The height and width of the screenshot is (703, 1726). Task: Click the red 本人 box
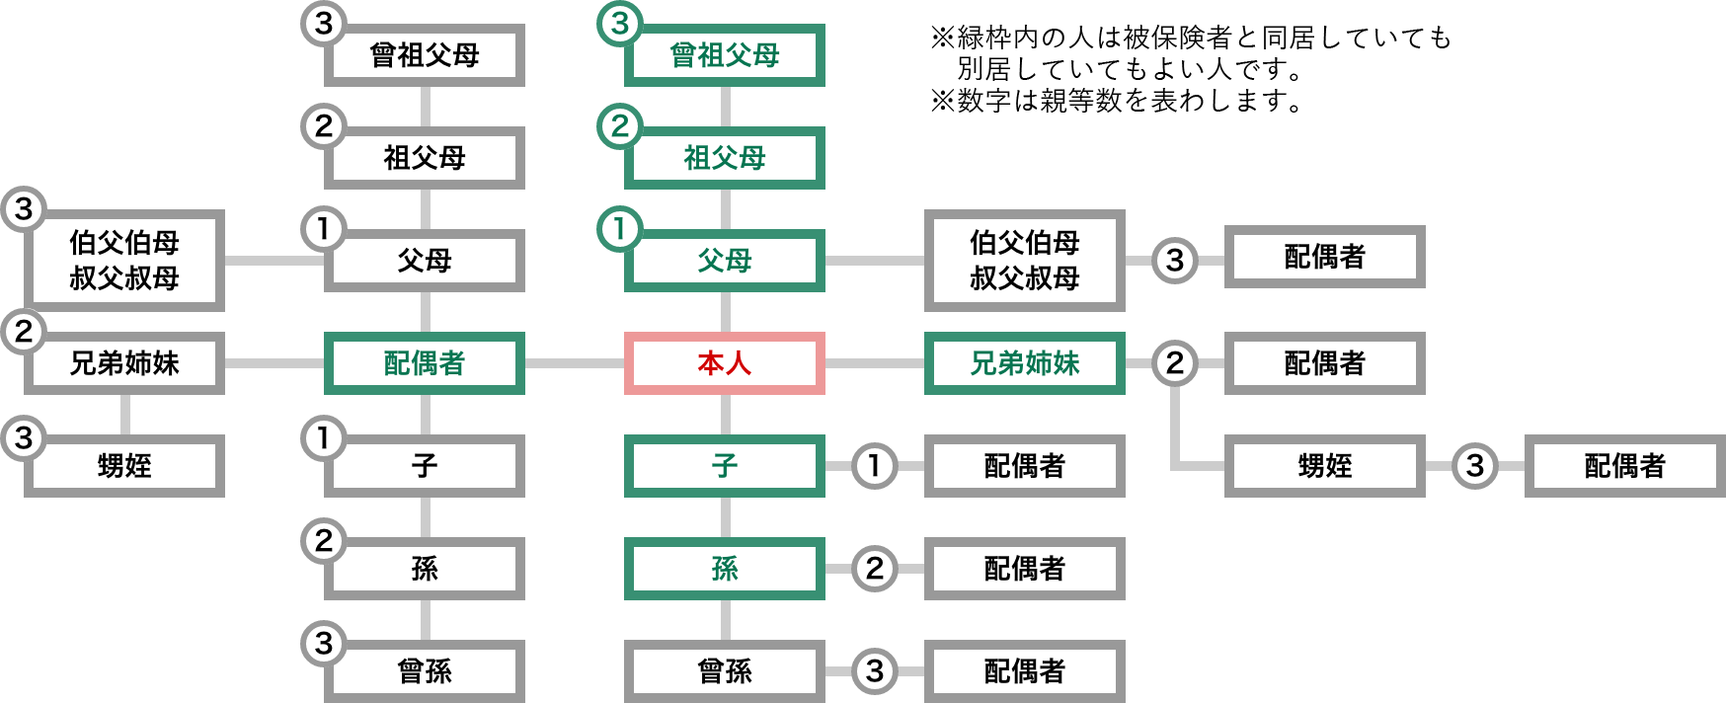pos(724,363)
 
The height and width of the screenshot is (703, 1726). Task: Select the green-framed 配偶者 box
pos(424,363)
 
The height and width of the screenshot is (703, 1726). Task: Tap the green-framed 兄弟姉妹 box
pos(1024,363)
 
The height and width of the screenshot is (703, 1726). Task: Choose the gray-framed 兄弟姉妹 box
pos(124,363)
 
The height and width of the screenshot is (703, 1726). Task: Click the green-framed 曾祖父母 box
pos(724,55)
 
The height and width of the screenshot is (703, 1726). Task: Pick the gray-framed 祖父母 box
pos(424,158)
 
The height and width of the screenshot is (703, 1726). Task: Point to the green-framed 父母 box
pos(724,261)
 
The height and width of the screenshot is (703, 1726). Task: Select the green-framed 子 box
pos(724,466)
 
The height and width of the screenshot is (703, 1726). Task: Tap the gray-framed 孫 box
pos(424,569)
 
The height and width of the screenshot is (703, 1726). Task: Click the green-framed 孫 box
pos(724,569)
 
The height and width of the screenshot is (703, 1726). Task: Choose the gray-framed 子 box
pos(424,466)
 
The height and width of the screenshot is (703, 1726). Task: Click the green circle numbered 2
pos(620,126)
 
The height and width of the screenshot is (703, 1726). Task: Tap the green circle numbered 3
pos(620,24)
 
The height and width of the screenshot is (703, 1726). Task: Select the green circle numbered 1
pos(620,229)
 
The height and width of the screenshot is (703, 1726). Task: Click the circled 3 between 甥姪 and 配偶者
pos(1474,465)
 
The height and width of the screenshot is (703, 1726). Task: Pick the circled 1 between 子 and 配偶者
pos(874,465)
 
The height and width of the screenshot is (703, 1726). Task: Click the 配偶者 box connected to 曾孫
pos(1024,671)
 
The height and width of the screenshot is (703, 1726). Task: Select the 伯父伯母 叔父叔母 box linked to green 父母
pos(1024,261)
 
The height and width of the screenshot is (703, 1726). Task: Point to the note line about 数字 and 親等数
pos(1116,101)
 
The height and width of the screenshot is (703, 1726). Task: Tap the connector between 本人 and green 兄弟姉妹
pos(874,363)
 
